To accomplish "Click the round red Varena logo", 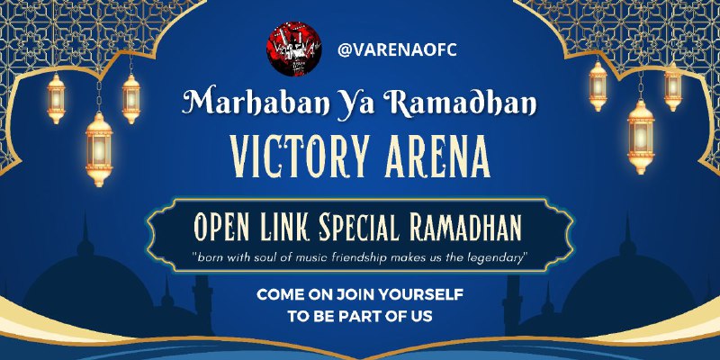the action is tap(294, 49).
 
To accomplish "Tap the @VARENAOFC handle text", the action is tap(397, 50).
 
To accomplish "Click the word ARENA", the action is tap(437, 157).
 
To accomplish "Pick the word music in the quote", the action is tap(310, 257).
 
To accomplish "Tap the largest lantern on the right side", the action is tap(641, 137).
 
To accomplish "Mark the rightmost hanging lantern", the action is tap(672, 86).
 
